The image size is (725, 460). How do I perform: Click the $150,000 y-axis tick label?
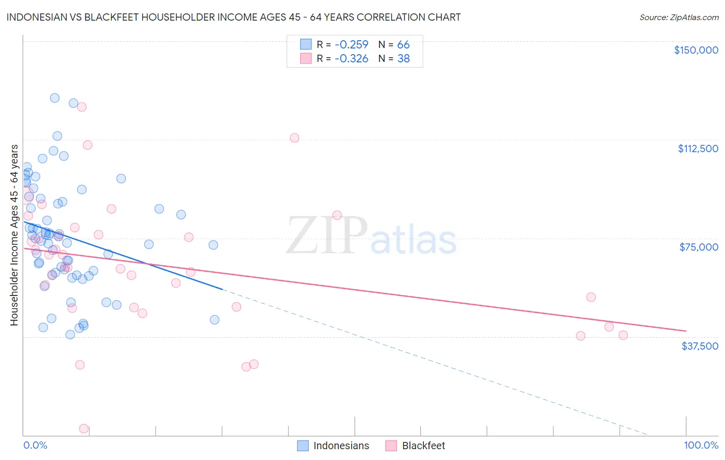tap(696, 50)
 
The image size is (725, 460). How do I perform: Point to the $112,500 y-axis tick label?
tap(698, 149)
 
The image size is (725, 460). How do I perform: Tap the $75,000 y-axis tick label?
tap(699, 247)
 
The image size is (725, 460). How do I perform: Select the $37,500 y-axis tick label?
tap(699, 346)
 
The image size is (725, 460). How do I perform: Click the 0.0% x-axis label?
tap(35, 446)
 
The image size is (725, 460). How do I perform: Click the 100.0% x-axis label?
tap(701, 446)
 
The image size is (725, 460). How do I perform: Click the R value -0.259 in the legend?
tap(351, 44)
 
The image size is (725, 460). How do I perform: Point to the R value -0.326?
tap(351, 59)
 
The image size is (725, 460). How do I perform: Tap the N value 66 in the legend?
tap(403, 44)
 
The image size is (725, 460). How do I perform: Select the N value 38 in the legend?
tap(403, 59)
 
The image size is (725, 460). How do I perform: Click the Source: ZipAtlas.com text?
tap(679, 17)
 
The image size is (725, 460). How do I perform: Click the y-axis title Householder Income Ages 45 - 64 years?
tap(14, 235)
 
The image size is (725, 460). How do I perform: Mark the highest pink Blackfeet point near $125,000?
tap(81, 107)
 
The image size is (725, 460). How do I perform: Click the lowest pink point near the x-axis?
tap(84, 429)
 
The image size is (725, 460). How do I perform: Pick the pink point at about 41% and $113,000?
tap(294, 138)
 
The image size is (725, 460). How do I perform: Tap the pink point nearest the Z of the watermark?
tap(337, 215)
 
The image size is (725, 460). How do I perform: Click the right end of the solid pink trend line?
tap(686, 331)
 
